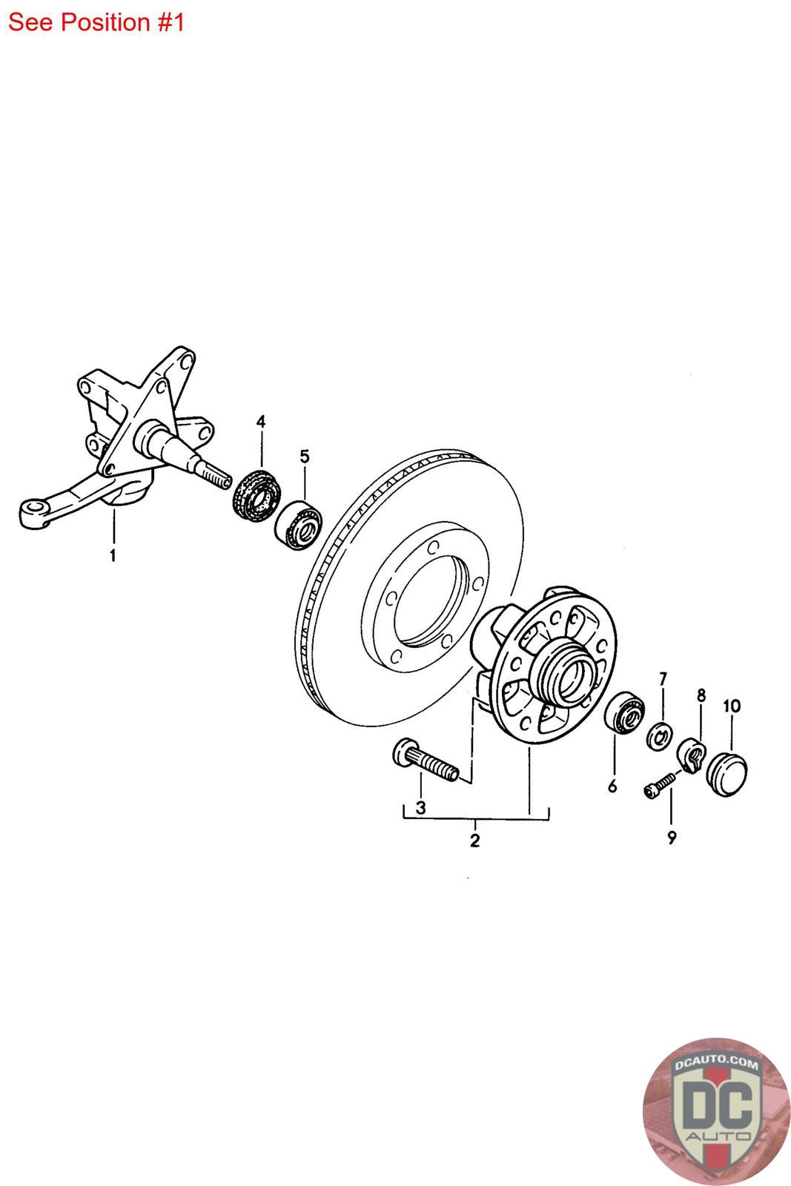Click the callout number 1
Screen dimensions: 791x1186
pyautogui.click(x=113, y=554)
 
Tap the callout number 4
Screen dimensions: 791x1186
pyautogui.click(x=261, y=422)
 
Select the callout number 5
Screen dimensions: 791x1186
pyautogui.click(x=305, y=455)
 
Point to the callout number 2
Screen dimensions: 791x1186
pyautogui.click(x=474, y=841)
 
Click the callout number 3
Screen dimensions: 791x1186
pyautogui.click(x=420, y=806)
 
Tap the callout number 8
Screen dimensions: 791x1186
pyautogui.click(x=701, y=695)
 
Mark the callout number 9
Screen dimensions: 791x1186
pyautogui.click(x=672, y=838)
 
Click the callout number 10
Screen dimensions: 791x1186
pyautogui.click(x=731, y=706)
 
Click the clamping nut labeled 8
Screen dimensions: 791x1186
pyautogui.click(x=692, y=755)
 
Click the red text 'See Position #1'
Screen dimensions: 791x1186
pyautogui.click(x=96, y=22)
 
